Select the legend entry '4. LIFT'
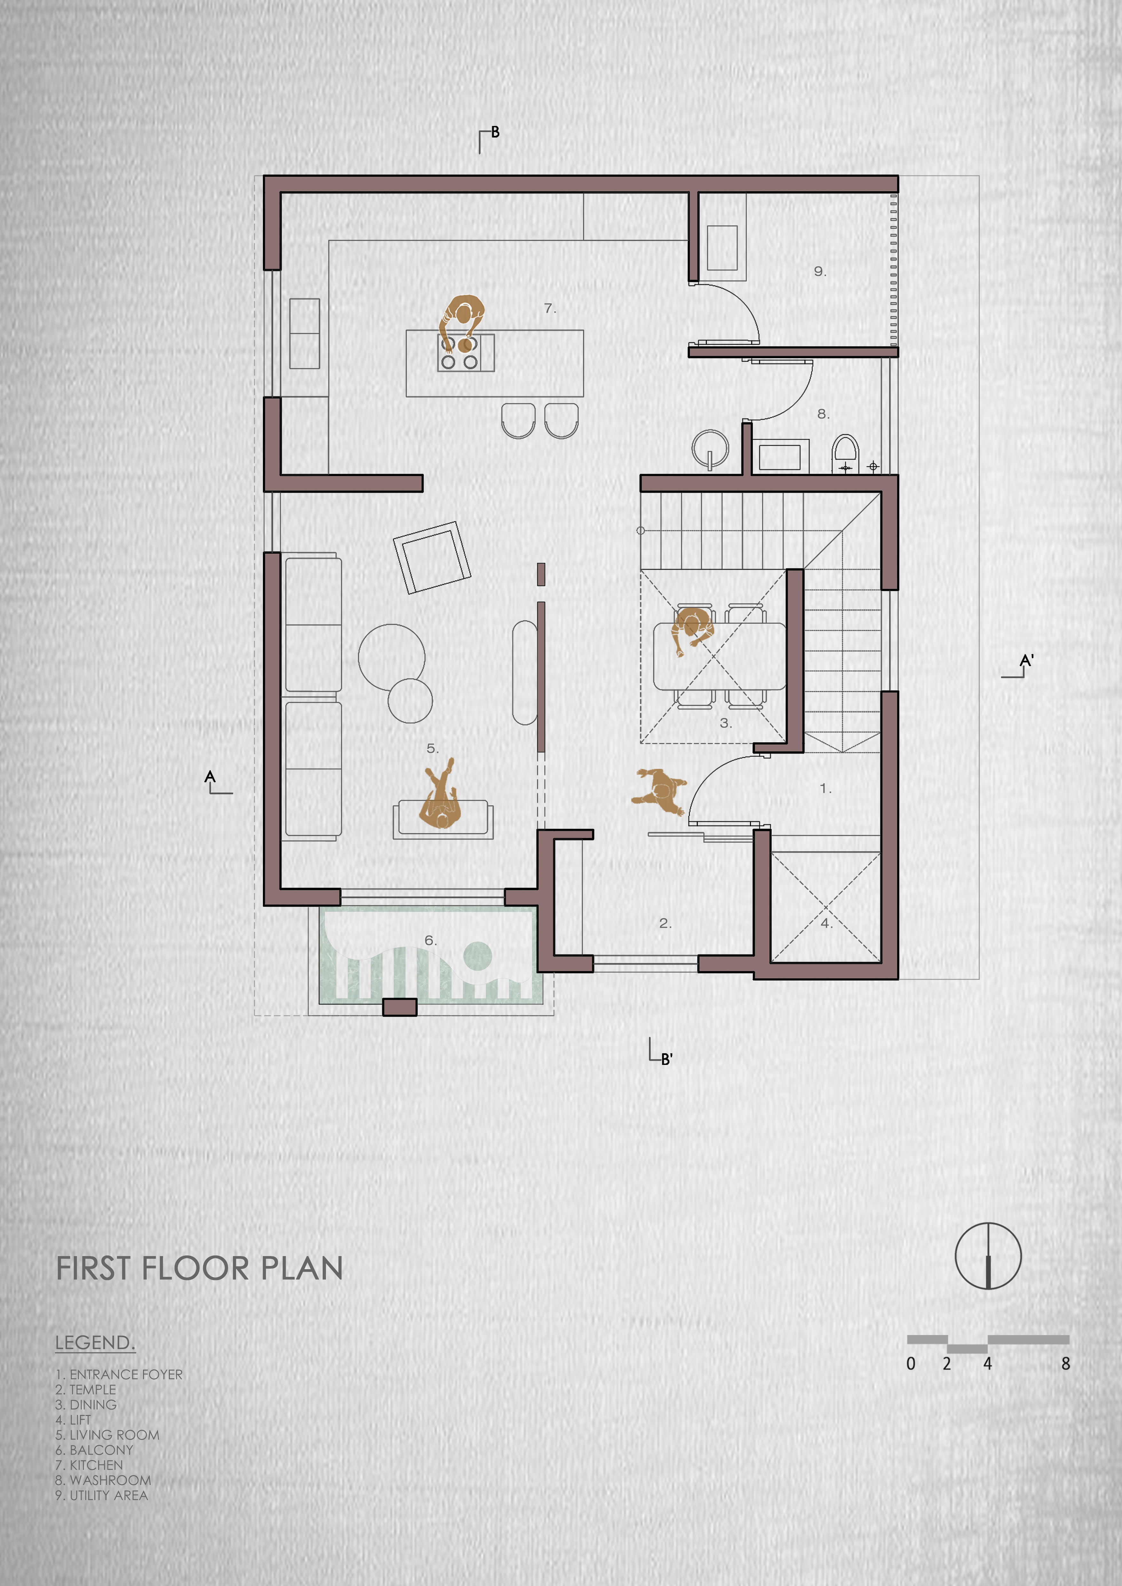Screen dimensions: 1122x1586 pos(73,1419)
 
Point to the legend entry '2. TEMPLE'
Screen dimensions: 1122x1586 pos(86,1389)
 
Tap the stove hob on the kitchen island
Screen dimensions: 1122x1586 pos(466,353)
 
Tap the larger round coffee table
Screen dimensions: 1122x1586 pos(392,658)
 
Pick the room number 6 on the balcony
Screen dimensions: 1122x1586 pos(431,940)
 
